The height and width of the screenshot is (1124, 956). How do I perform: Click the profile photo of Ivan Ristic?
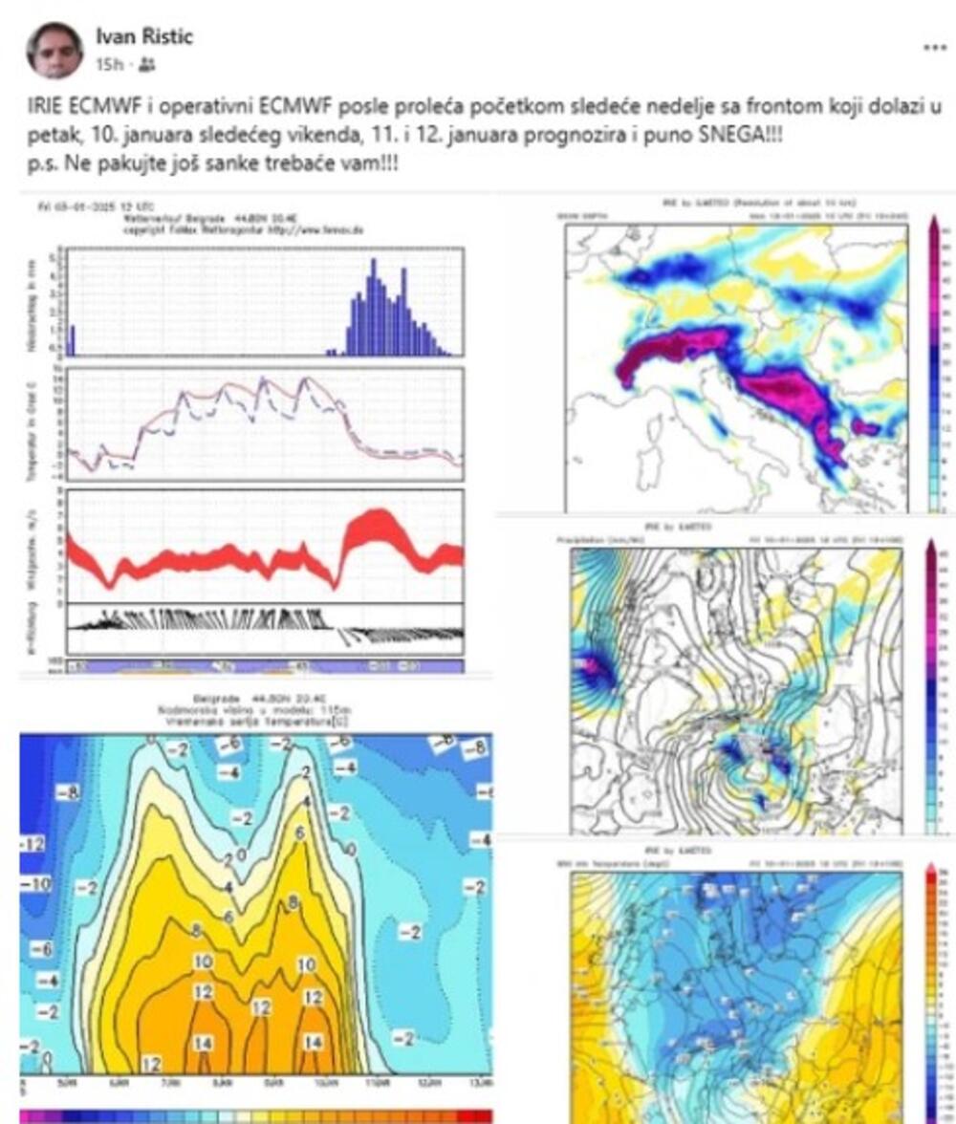[x=54, y=50]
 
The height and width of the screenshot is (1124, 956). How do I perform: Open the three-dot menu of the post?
[x=934, y=47]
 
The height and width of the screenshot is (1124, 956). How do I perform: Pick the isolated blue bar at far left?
[x=72, y=340]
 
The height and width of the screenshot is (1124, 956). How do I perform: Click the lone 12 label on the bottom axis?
[x=150, y=1064]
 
